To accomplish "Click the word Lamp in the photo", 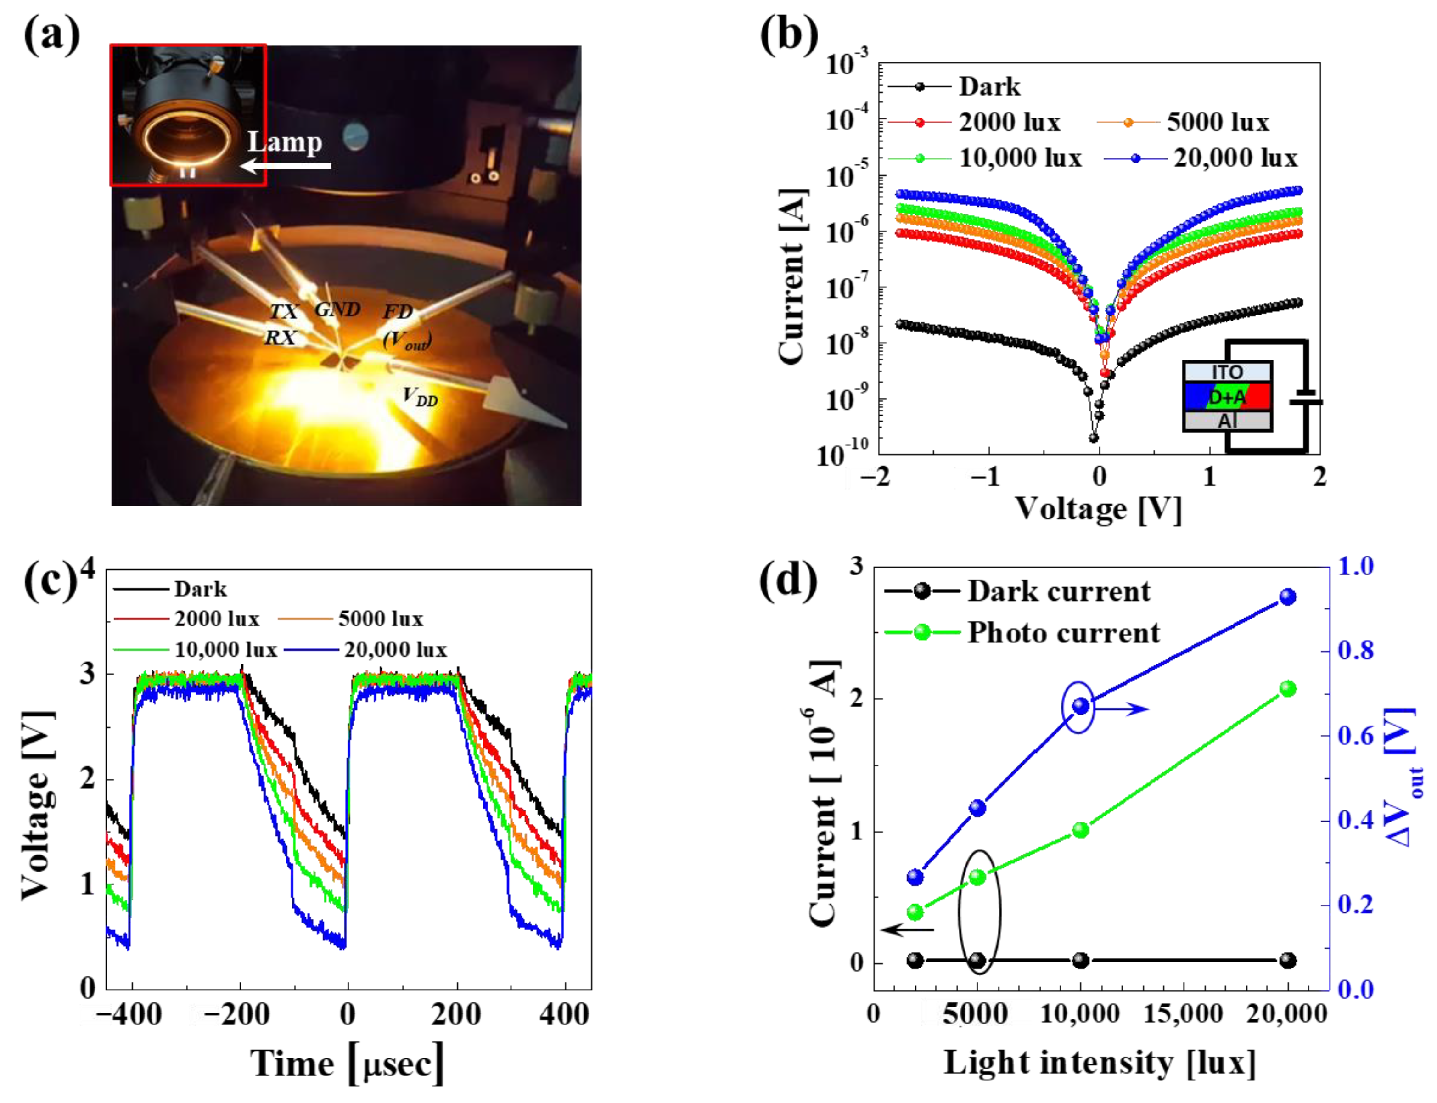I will pos(285,142).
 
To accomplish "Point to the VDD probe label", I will pos(420,397).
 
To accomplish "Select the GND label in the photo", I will pos(337,309).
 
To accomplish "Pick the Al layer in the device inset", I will pos(1227,421).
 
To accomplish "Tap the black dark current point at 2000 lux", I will pos(915,961).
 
